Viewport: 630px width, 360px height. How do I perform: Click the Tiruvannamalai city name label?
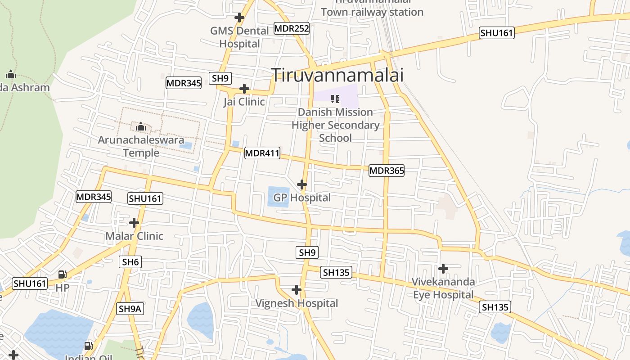coord(337,75)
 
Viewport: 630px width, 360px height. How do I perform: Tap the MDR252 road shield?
coord(292,29)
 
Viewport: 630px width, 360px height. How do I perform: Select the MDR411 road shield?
coord(262,153)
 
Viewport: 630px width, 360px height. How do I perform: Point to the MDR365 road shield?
coord(387,171)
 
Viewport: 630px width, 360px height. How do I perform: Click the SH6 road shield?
coord(130,262)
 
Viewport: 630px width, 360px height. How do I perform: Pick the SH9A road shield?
coord(130,309)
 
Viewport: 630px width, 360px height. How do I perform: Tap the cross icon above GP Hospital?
coord(302,184)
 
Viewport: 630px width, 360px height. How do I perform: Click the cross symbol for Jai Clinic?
coord(244,89)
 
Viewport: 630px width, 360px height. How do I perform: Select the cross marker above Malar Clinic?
coord(134,223)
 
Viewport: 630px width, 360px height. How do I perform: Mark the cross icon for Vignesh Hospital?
coord(296,290)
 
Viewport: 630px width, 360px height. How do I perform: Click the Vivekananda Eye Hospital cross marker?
coord(443,269)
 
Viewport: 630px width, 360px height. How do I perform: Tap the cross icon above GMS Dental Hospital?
coord(239,18)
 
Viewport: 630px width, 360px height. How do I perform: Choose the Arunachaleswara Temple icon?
coord(141,127)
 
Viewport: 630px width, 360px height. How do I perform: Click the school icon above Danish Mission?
coord(335,99)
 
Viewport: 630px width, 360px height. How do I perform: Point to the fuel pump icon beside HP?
coord(63,274)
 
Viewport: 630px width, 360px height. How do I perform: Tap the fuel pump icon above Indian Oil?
coord(89,346)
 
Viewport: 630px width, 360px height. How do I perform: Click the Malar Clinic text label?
coord(134,236)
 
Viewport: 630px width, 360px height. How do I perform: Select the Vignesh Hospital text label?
coord(297,303)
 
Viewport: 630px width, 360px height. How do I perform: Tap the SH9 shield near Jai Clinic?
coord(220,78)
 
